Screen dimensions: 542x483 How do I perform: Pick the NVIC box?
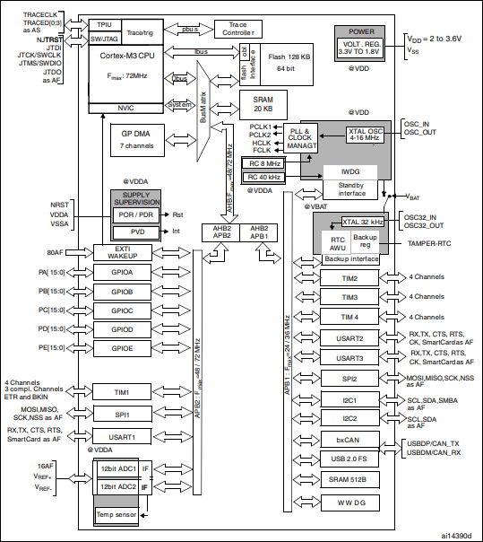click(x=125, y=106)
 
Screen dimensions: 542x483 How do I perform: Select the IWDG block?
click(x=349, y=170)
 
